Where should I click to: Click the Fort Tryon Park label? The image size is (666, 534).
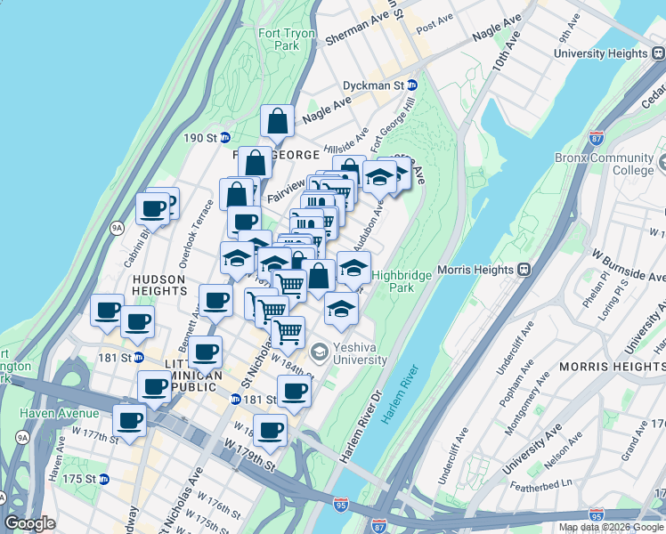point(279,39)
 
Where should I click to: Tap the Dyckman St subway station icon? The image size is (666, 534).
point(413,85)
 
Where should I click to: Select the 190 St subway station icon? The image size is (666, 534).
point(225,138)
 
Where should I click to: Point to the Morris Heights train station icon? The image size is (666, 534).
point(526,268)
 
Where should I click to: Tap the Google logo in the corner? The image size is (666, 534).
point(29,523)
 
